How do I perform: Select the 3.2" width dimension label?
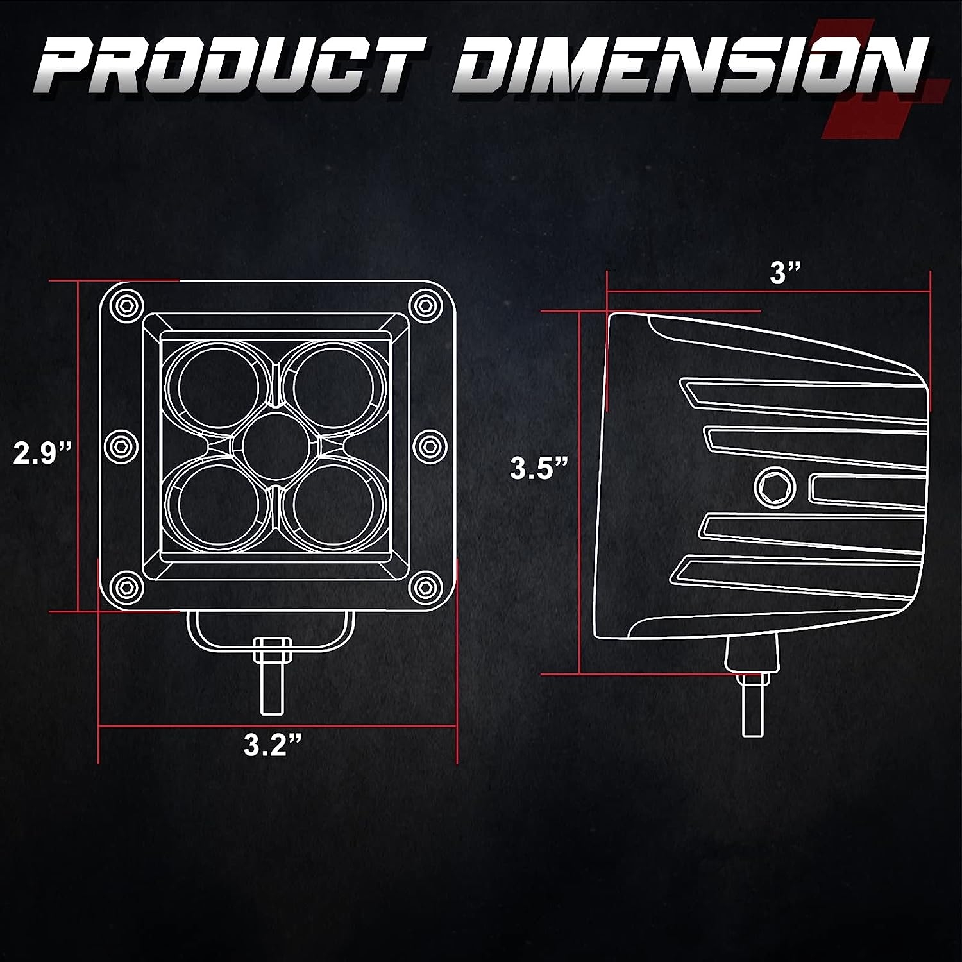(x=273, y=745)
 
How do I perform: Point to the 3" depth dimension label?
(x=786, y=274)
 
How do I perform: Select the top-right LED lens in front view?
(x=333, y=387)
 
